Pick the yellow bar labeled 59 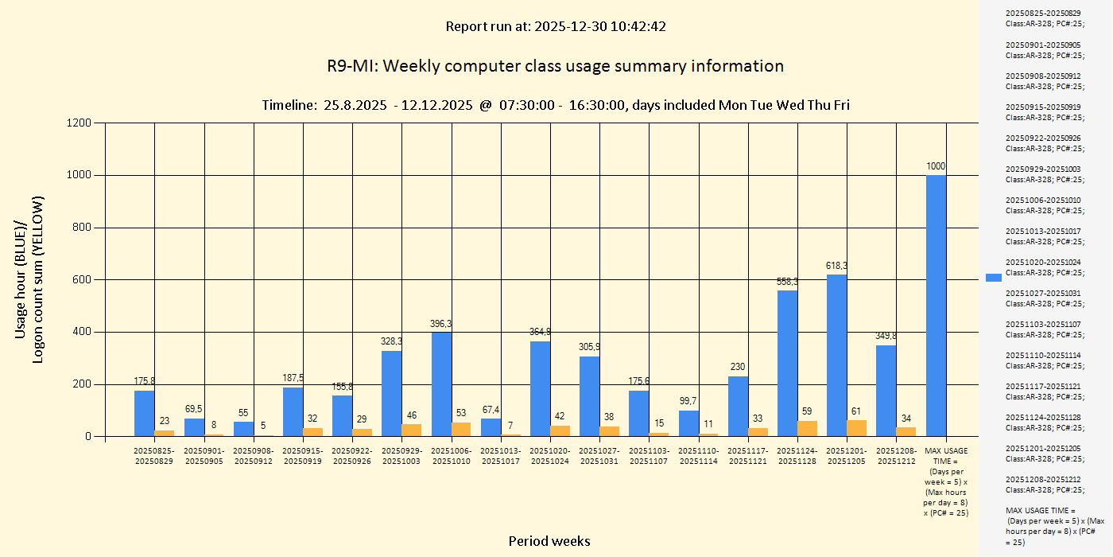(x=807, y=428)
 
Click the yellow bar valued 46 (x=412, y=430)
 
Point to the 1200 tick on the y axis (x=79, y=123)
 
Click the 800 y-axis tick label (x=82, y=228)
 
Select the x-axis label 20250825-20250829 (x=154, y=456)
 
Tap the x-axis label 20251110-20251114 (x=698, y=456)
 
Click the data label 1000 (x=936, y=166)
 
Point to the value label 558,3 (x=787, y=282)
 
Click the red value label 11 (x=708, y=424)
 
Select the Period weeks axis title (x=549, y=541)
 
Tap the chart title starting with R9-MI (x=555, y=66)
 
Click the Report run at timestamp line (x=555, y=26)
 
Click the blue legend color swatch (x=993, y=277)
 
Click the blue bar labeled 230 (x=738, y=406)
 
